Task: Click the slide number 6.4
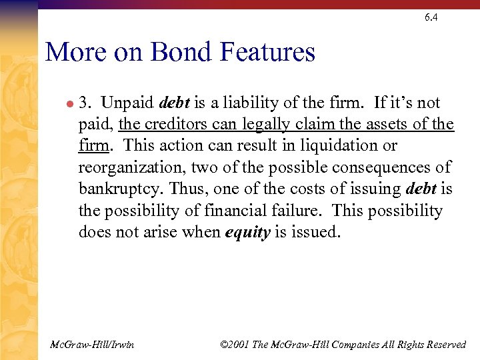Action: coord(431,17)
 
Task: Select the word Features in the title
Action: coord(271,52)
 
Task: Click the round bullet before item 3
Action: coord(69,104)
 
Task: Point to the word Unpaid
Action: coord(129,103)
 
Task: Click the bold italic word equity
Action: coord(248,232)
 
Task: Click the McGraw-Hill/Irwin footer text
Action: coord(92,345)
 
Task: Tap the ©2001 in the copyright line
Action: coord(235,345)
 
